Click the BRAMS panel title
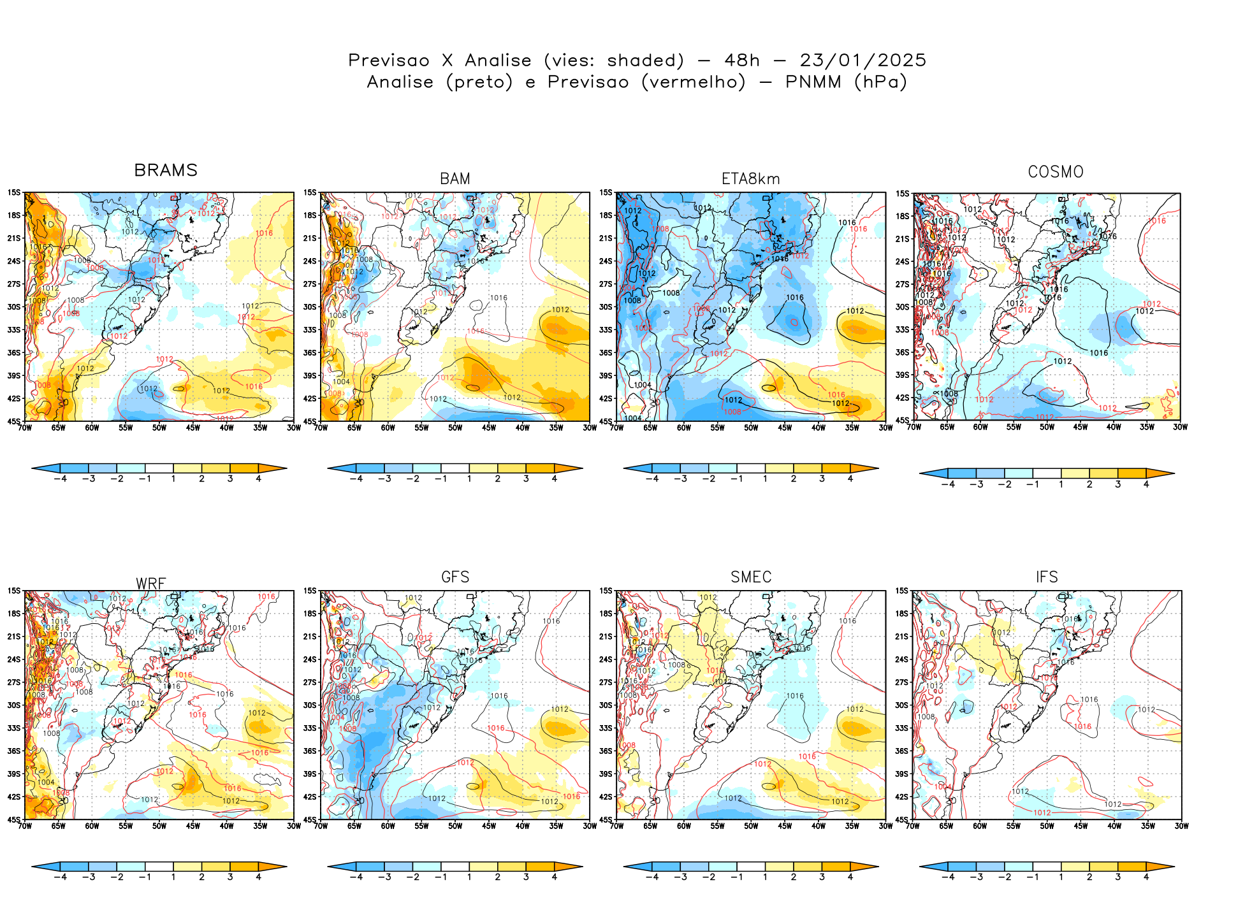click(x=166, y=170)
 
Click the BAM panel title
click(x=455, y=179)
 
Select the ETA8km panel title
click(x=750, y=179)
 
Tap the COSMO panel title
click(x=1056, y=172)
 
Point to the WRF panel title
click(x=151, y=584)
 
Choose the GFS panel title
click(x=455, y=577)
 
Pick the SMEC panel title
click(x=751, y=577)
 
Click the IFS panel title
click(x=1047, y=577)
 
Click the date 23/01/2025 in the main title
click(x=863, y=61)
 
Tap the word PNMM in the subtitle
click(x=813, y=82)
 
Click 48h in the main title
click(x=742, y=61)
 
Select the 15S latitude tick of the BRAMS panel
click(x=14, y=192)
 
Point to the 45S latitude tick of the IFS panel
click(x=901, y=819)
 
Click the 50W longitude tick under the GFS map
click(x=455, y=826)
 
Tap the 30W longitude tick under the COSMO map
click(x=1180, y=428)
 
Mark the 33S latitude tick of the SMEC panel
click(x=606, y=728)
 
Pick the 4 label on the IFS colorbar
click(x=1146, y=877)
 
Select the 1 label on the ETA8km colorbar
click(x=765, y=479)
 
